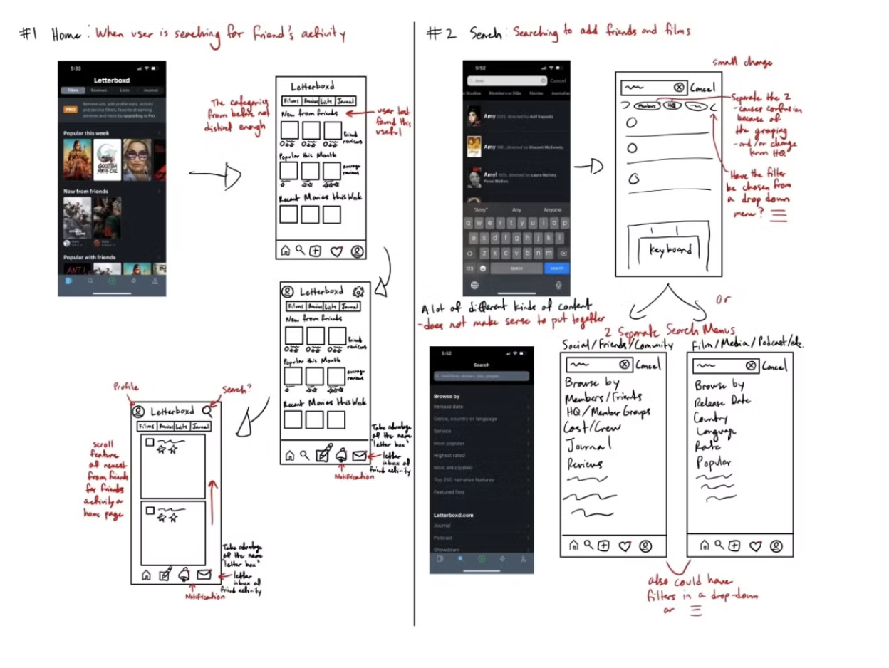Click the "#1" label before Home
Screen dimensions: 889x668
click(x=29, y=35)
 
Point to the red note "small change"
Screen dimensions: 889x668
click(x=743, y=63)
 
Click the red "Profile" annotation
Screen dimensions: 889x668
click(x=125, y=387)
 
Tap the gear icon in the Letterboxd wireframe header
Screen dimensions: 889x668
click(x=358, y=291)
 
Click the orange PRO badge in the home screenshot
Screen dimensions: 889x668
click(x=71, y=110)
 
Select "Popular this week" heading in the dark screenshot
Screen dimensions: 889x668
click(x=85, y=132)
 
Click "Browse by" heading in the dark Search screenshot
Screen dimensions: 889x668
click(x=447, y=395)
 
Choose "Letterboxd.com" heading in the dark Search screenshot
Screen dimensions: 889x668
click(x=454, y=514)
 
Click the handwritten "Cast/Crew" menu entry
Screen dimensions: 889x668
click(x=593, y=428)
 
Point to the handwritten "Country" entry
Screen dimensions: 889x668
click(x=710, y=418)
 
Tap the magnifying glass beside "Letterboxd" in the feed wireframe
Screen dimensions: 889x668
click(x=207, y=411)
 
